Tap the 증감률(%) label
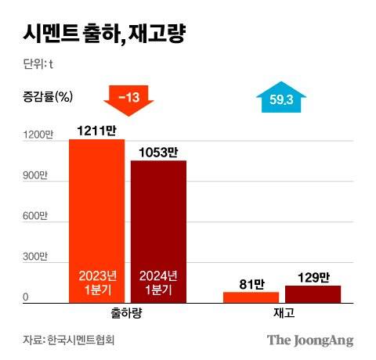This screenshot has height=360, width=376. [46, 98]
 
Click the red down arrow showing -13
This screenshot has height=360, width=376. [128, 99]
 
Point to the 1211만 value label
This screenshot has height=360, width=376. [97, 128]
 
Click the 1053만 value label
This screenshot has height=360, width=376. [159, 150]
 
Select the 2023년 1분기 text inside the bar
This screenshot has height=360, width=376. [97, 283]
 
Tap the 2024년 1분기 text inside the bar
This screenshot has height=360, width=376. [159, 283]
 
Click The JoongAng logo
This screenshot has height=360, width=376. [310, 340]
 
